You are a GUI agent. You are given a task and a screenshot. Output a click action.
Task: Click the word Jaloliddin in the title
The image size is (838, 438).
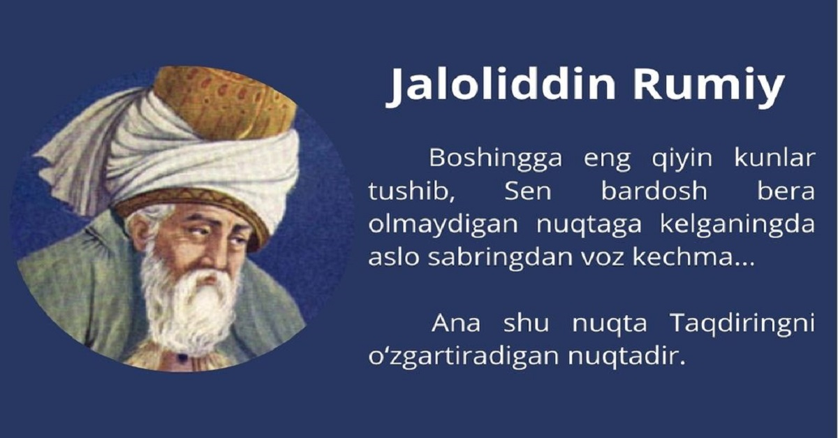click(501, 85)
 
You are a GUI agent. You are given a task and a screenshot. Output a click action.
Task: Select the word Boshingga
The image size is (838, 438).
click(495, 159)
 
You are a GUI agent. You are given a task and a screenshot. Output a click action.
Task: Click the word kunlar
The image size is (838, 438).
click(774, 159)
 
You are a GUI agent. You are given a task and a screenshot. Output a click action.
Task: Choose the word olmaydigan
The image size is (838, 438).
click(434, 225)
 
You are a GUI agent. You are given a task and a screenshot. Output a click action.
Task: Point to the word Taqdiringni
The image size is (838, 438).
click(742, 324)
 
